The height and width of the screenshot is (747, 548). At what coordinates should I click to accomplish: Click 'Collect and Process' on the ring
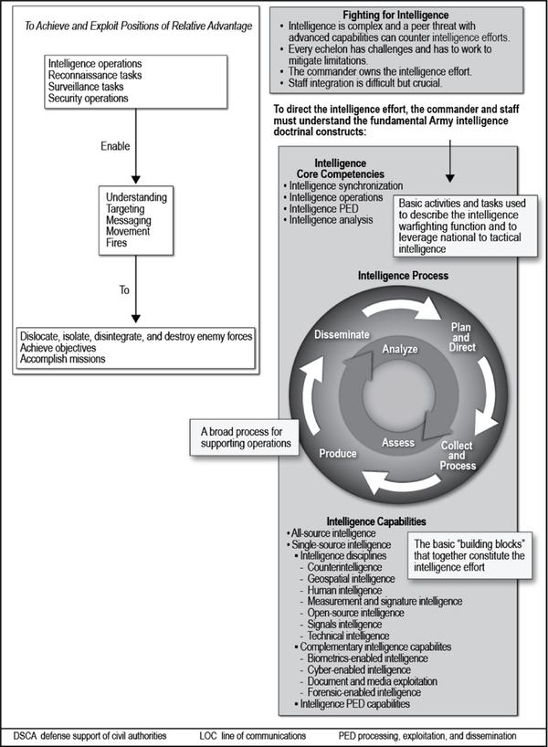(457, 455)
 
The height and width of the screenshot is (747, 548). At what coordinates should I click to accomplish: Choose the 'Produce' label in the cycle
(337, 452)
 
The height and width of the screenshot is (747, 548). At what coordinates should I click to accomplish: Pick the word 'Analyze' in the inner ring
(399, 349)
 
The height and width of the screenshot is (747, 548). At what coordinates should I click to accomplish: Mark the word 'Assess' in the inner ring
(398, 443)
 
